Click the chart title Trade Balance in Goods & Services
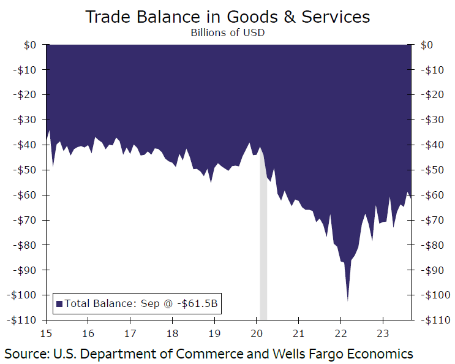tap(227, 16)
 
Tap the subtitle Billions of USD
tap(228, 32)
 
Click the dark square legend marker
tap(59, 303)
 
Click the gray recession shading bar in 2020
tap(263, 245)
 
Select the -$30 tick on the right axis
tap(434, 119)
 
